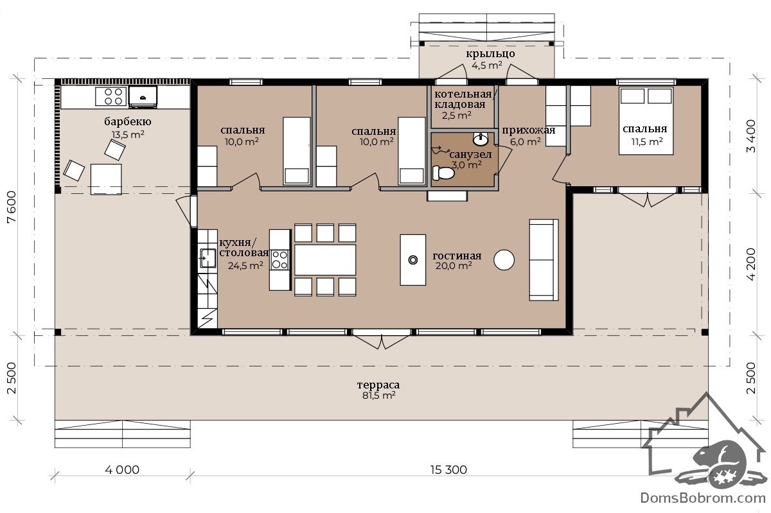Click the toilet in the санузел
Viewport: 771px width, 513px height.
[x=443, y=173]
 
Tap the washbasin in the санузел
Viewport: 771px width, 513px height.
[x=481, y=139]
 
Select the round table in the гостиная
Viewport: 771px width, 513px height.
[x=504, y=260]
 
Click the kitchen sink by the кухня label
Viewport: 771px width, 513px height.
[x=208, y=258]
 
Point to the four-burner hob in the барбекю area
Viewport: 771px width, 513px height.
[x=111, y=96]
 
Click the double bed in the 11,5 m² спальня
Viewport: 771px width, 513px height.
[x=646, y=121]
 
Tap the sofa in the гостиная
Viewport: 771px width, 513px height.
[x=544, y=260]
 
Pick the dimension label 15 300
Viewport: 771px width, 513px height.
[x=448, y=469]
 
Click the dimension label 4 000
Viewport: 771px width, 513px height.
[x=122, y=469]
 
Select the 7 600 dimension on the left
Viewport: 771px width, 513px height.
[x=12, y=207]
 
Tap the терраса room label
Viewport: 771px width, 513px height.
[x=378, y=385]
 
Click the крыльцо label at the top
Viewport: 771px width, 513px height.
[x=490, y=54]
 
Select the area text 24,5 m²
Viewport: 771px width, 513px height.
[x=245, y=265]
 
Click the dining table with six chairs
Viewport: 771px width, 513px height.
[x=325, y=260]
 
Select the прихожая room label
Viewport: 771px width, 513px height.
[x=528, y=130]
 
